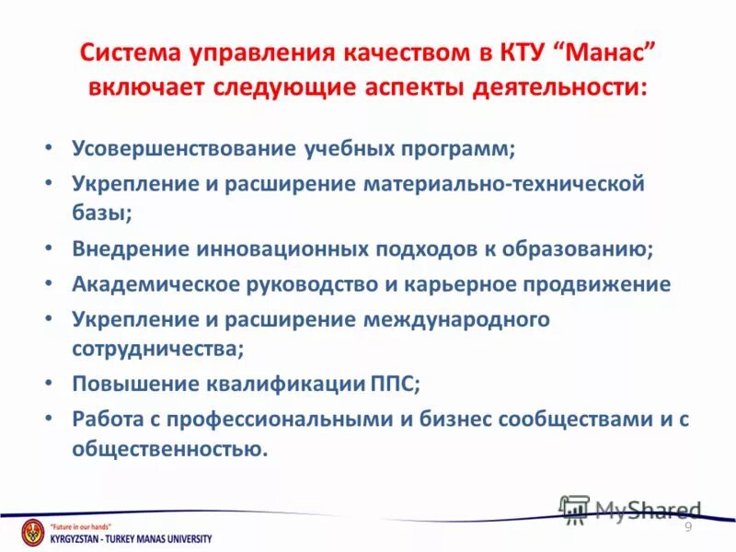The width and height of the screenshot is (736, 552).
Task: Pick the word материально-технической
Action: pos(504,182)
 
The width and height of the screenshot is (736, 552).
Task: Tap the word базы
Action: pos(99,213)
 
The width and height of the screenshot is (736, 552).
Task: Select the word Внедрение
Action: pos(131,248)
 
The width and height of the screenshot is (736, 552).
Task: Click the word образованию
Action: pos(572,248)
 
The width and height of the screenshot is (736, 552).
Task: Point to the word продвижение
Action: pos(597,284)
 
